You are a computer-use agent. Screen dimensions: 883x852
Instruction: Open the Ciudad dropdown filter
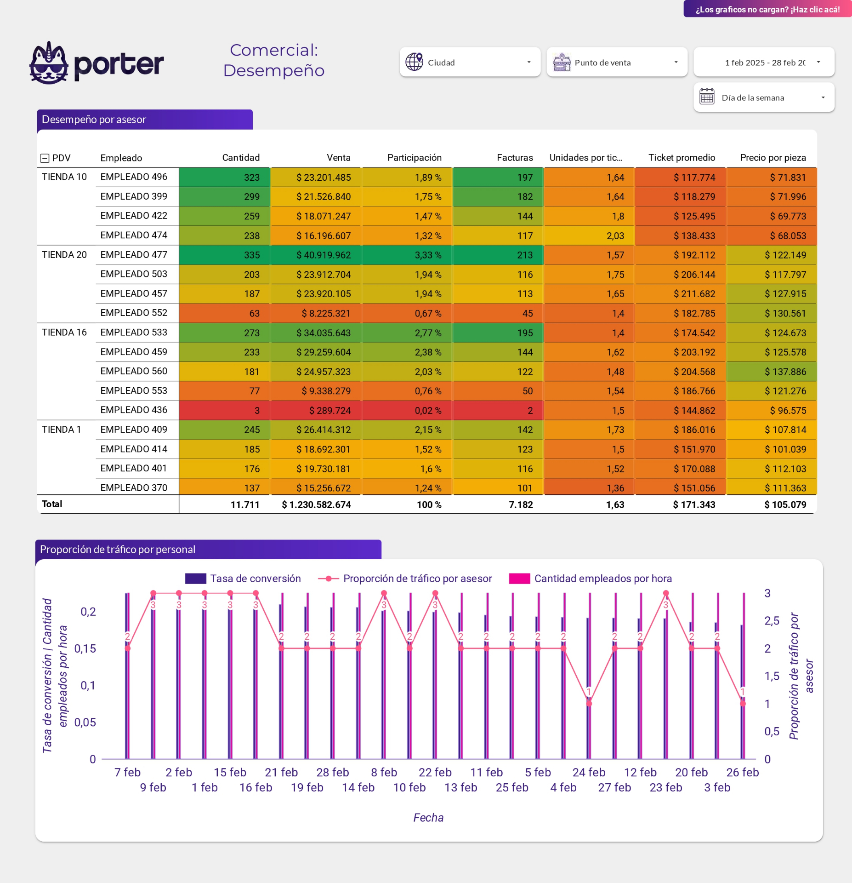pos(469,62)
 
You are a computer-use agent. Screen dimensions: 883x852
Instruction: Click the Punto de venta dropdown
pos(616,62)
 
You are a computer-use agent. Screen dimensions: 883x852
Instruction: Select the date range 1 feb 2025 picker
pos(764,62)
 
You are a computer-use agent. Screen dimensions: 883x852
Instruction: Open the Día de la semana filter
pos(764,97)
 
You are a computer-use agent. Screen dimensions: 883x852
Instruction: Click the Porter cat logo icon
pos(49,63)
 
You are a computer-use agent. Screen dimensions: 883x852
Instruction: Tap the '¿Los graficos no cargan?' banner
pos(767,9)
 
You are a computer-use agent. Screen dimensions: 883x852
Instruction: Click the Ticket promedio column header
pos(681,158)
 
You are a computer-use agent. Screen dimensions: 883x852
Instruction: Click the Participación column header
pos(414,158)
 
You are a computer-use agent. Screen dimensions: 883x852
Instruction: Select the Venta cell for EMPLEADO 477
pos(323,255)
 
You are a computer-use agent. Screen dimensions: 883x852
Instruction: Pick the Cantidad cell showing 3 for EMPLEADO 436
pos(257,410)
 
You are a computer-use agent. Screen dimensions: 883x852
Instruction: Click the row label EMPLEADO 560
pos(134,371)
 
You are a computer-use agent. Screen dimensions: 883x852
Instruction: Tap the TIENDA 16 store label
pos(64,333)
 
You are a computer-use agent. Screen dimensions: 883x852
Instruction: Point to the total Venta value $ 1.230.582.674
pos(316,505)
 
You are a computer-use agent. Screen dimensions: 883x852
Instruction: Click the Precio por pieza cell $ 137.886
pos(785,372)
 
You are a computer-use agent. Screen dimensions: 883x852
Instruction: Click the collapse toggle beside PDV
pos(45,158)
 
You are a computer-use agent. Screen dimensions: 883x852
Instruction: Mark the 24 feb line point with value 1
pos(589,703)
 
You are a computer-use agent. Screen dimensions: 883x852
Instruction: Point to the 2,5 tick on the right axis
pos(772,621)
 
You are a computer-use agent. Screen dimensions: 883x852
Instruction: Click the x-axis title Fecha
pos(428,818)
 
